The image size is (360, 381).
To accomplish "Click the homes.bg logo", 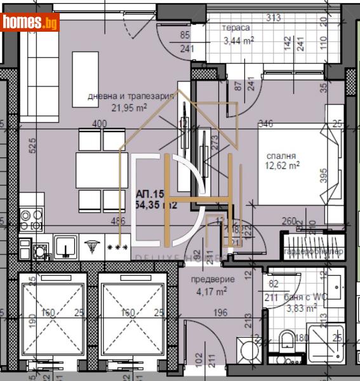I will pos(30,22).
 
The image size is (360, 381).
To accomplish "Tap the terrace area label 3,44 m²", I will pos(238,42).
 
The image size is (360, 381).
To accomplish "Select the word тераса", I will pos(236,28).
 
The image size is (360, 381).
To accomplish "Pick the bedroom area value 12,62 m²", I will pos(284,167).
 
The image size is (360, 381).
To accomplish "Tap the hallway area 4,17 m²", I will pos(213,292).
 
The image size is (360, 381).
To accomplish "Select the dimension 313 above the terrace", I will pos(274,18).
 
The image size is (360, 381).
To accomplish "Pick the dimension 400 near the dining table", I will pos(98,124).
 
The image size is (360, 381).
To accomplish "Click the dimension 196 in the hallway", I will pos(220,311).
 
